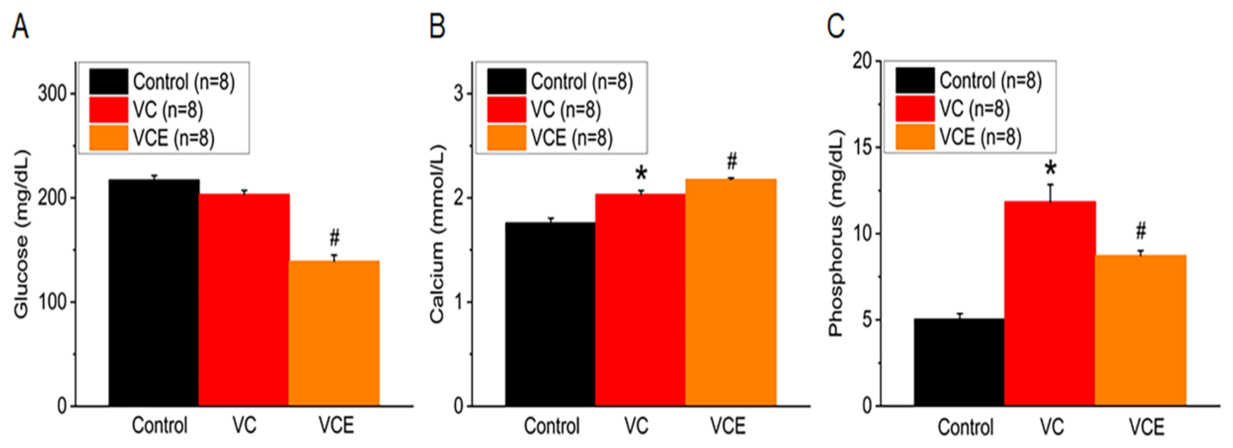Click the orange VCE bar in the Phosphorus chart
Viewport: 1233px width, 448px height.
tap(1141, 330)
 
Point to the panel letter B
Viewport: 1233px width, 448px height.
tap(437, 26)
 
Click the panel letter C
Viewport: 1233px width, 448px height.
tap(836, 26)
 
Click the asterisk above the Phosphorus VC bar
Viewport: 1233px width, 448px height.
tap(1051, 169)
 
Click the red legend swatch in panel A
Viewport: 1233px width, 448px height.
tap(109, 110)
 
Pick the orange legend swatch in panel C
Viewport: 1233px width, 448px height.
tap(915, 137)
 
